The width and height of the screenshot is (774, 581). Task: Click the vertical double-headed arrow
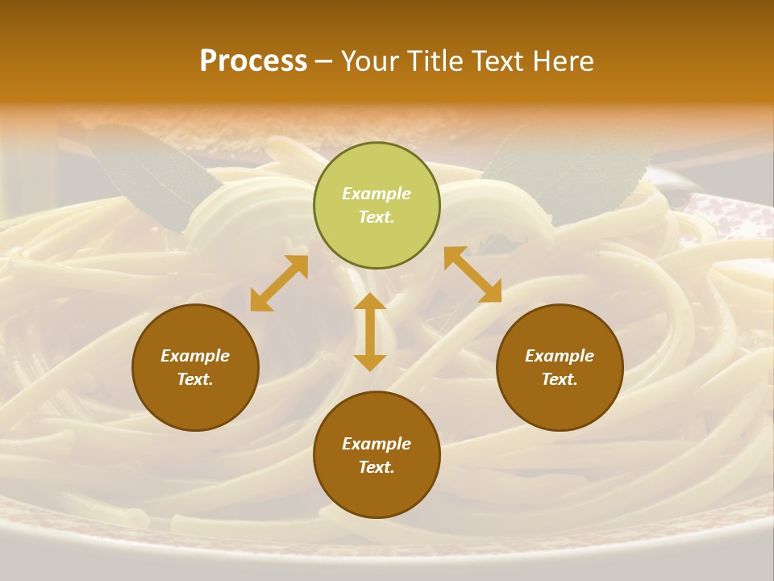tap(370, 332)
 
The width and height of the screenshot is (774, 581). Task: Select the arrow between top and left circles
tap(279, 283)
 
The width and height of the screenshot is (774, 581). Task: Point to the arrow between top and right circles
tap(472, 274)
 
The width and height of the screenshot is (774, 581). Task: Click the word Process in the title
tap(253, 61)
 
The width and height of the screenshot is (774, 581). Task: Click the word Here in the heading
tap(564, 61)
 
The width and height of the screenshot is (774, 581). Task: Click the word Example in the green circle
tap(377, 194)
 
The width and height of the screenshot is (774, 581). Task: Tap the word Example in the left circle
tap(195, 356)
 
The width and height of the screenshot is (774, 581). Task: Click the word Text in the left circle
tap(194, 379)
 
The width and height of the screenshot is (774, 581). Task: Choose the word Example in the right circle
tap(560, 356)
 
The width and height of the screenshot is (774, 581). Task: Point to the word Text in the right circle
tap(559, 379)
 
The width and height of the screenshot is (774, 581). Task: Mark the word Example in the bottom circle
tap(377, 444)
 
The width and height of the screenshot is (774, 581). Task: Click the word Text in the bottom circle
tap(376, 467)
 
